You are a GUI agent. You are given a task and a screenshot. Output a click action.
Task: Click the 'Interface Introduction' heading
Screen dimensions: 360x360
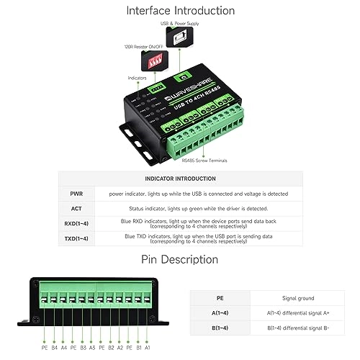pos(180,10)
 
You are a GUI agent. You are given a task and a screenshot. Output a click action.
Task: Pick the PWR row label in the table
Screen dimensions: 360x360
pos(77,194)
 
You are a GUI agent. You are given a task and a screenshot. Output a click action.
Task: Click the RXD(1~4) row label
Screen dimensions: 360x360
pos(77,223)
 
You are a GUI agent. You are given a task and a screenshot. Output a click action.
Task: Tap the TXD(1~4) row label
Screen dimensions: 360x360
pos(77,238)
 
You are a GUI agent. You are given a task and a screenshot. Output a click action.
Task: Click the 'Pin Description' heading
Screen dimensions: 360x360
pos(180,259)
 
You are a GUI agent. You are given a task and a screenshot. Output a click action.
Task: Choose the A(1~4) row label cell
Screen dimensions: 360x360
pos(220,312)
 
